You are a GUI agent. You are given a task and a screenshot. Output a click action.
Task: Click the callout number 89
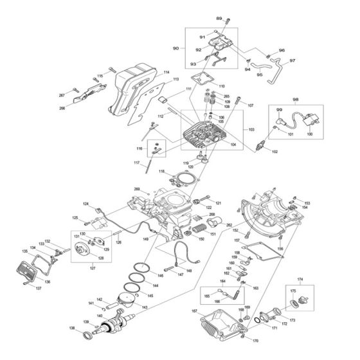pyautogui.click(x=219, y=18)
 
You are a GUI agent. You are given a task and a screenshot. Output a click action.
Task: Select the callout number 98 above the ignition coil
pyautogui.click(x=296, y=100)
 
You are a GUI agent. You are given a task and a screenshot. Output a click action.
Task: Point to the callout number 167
pyautogui.click(x=194, y=312)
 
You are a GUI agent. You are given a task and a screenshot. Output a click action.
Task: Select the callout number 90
pyautogui.click(x=175, y=49)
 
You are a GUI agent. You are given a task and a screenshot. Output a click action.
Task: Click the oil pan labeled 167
pyautogui.click(x=222, y=321)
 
